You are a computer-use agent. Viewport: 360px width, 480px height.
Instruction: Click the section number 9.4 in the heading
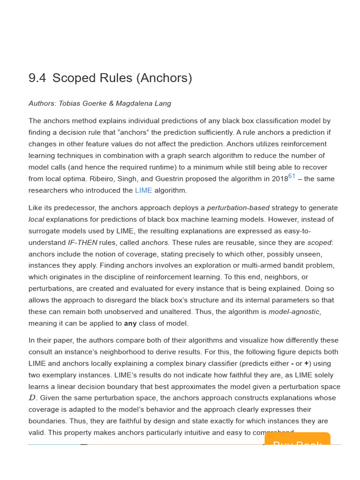pos(37,78)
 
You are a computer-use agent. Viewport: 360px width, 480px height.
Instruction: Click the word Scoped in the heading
pos(72,78)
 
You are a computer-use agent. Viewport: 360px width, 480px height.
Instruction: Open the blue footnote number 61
pos(292,176)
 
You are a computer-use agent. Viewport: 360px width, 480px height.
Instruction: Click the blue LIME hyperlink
pos(143,190)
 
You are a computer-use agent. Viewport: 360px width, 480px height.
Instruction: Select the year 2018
pos(279,179)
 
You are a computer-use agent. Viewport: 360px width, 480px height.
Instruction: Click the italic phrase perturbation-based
pos(238,208)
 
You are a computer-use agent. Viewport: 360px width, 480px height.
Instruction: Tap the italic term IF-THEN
pos(82,243)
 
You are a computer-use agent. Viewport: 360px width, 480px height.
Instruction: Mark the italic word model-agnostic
pos(295,312)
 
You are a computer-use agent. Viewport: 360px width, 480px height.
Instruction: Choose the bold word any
pos(130,323)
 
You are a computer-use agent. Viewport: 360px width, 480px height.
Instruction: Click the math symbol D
pos(32,398)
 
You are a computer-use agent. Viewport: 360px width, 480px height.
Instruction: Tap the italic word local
pos(36,219)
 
